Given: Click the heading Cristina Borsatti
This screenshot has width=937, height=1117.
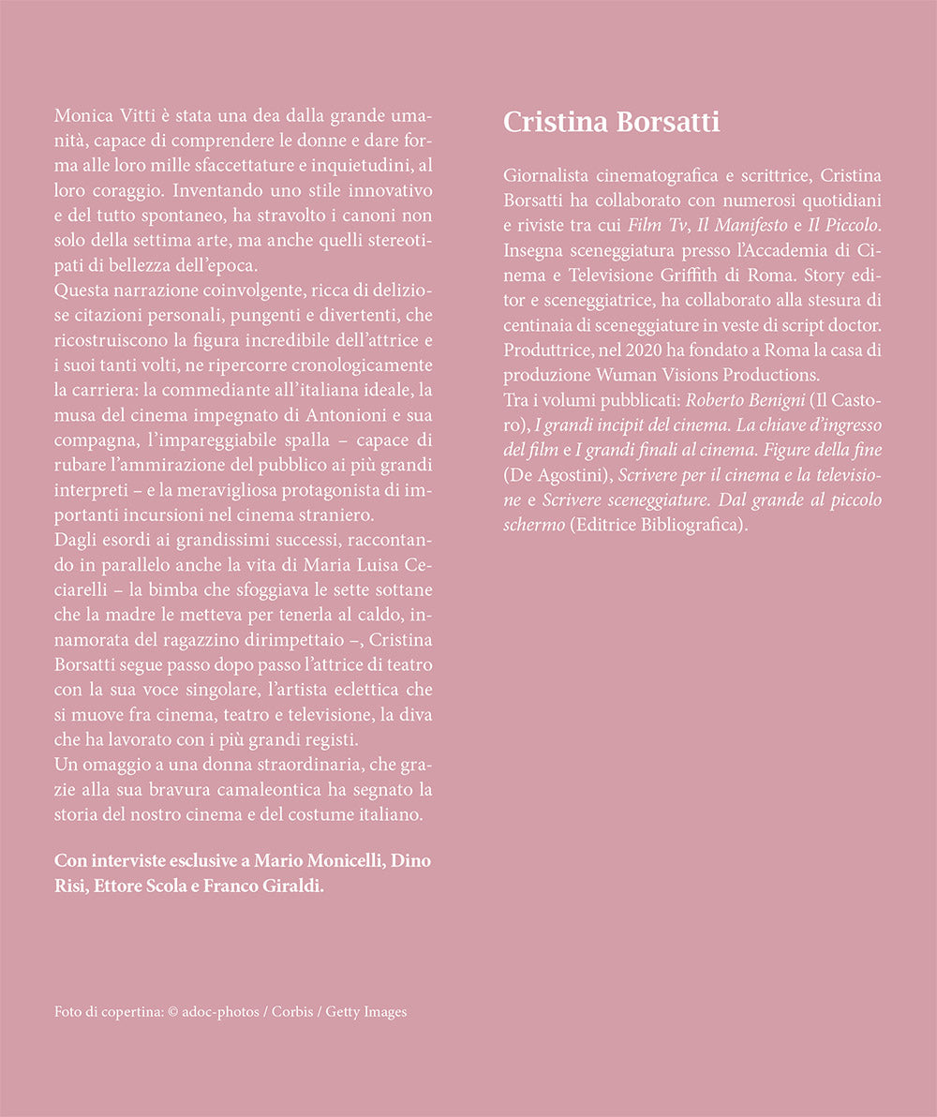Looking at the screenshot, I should tap(612, 123).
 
